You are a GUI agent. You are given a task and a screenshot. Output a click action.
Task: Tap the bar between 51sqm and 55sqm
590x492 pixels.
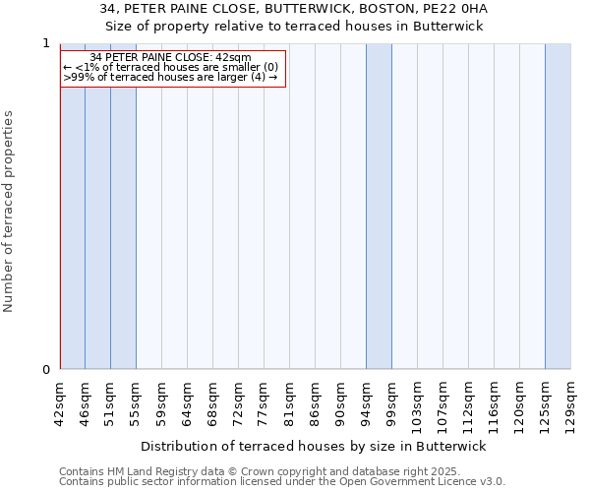[123, 226]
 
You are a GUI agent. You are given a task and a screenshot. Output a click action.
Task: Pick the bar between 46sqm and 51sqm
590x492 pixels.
[97, 226]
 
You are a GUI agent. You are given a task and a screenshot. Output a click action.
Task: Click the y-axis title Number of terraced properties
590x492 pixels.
[9, 212]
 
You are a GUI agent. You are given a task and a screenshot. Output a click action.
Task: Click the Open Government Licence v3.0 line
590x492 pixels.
[281, 482]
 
